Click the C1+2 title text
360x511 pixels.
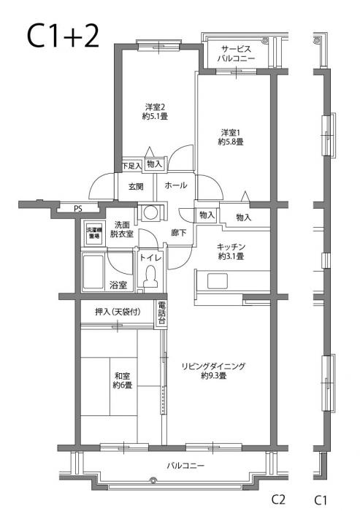pos(62,36)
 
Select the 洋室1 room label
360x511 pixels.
pos(230,137)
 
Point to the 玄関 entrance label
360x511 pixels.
pos(135,186)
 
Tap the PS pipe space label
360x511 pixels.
pos(78,209)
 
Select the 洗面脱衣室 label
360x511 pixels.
pos(123,229)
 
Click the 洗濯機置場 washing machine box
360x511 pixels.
pos(93,234)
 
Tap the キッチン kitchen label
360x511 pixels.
pos(230,252)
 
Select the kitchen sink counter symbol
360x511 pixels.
pos(234,280)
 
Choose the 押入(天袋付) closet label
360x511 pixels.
pos(118,312)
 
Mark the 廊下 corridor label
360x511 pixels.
pos(179,232)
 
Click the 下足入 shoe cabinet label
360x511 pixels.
pos(131,165)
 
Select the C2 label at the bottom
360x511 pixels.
pos(278,500)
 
